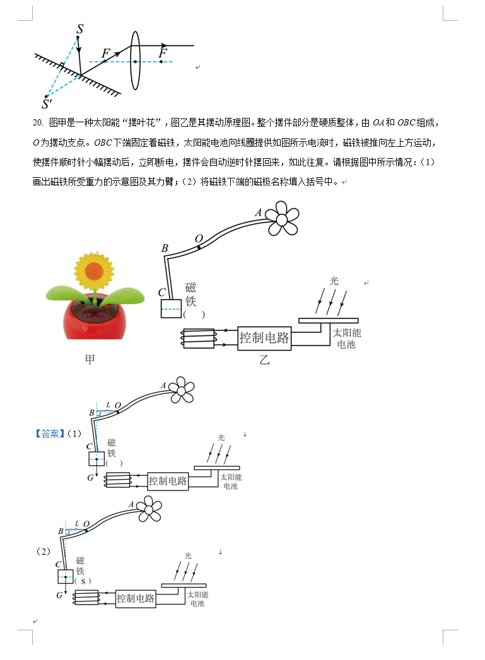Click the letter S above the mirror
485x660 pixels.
80,29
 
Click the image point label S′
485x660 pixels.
47,104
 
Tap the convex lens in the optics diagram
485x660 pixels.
135,61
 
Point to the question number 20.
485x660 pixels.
38,122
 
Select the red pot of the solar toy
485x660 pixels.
95,318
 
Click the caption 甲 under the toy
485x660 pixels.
90,359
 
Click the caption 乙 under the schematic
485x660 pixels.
264,360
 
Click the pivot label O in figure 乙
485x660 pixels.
199,239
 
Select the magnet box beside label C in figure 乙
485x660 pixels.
171,308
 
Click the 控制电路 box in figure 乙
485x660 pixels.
264,337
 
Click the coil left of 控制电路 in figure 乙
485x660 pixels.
199,339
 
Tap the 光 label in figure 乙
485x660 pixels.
334,281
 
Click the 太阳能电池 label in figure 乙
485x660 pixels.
347,339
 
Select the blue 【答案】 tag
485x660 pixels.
50,434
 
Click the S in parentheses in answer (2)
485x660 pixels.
83,581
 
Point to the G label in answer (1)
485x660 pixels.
91,478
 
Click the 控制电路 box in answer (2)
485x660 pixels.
136,598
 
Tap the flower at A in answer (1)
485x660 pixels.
182,390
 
